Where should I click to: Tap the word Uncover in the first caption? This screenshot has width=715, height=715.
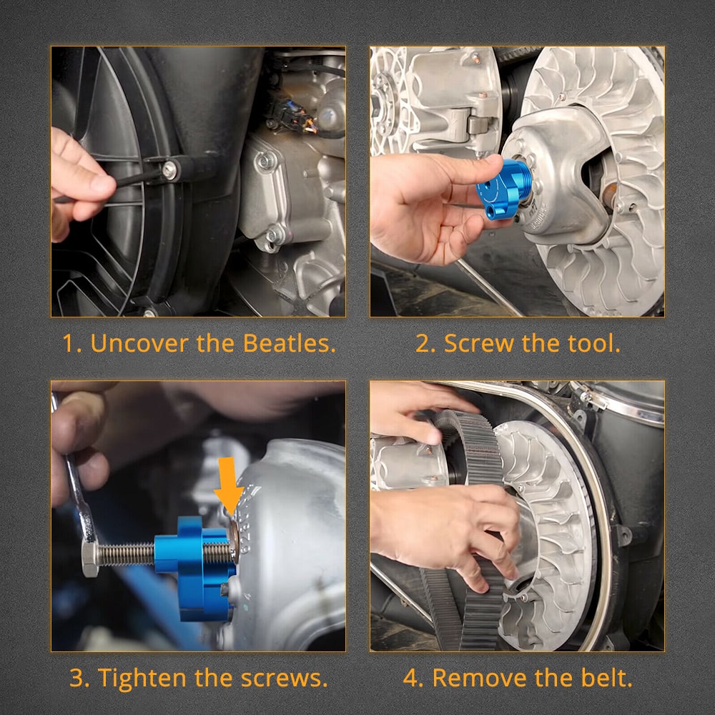139,343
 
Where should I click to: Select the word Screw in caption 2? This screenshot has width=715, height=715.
479,343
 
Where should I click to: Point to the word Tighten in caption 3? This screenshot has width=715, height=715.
143,678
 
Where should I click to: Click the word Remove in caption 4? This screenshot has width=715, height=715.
480,678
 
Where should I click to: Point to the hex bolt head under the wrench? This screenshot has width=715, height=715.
90,559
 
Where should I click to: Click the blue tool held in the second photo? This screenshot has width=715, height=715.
503,187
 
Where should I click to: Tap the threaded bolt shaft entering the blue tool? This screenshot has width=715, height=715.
126,555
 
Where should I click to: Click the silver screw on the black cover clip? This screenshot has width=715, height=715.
169,171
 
